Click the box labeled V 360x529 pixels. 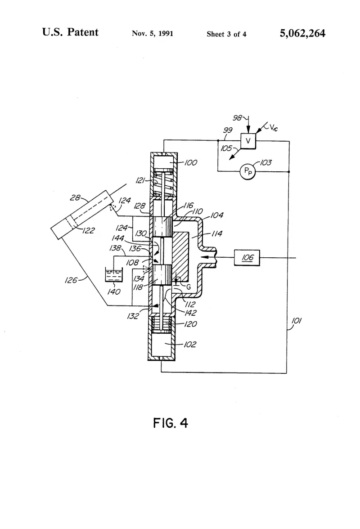tap(248, 141)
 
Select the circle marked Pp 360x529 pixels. tap(247, 172)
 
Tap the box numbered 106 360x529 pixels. tap(247, 258)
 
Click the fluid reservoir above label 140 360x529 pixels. tap(114, 274)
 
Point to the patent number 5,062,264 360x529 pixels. tap(302, 33)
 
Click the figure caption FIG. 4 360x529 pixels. tap(171, 423)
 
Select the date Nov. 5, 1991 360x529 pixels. tap(153, 33)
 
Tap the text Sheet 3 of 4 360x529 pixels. tap(226, 34)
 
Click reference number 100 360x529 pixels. tap(191, 163)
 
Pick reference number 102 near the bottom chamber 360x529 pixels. tap(190, 345)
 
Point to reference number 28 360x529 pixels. tap(75, 197)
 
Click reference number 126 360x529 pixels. tap(71, 280)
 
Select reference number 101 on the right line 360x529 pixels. tap(296, 320)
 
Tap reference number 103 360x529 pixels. tap(265, 163)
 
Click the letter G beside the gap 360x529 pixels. tap(188, 287)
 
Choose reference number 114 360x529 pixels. tap(216, 233)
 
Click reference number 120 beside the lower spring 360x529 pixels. tap(191, 324)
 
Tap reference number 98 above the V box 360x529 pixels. tap(238, 118)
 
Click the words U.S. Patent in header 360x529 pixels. tap(70, 32)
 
